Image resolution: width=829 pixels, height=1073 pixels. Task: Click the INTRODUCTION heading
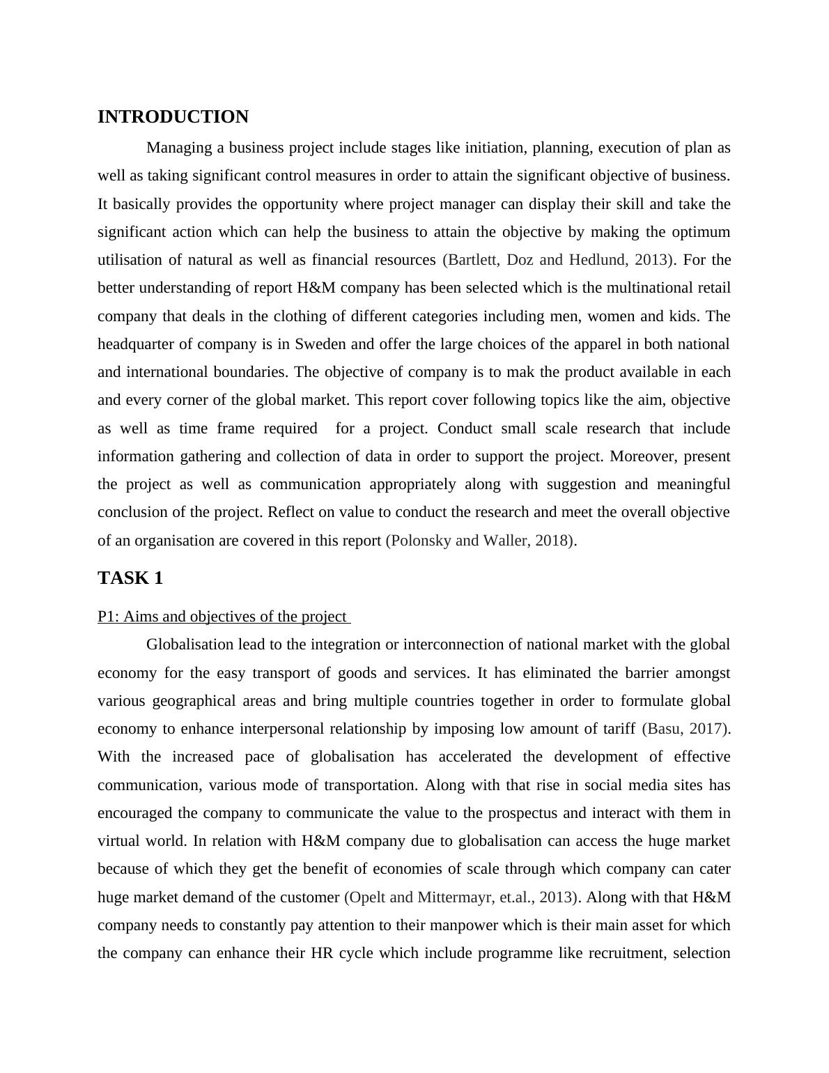tap(173, 117)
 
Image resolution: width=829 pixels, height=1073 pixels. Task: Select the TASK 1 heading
tap(130, 578)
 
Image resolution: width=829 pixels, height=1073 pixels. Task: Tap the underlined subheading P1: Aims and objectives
tap(222, 617)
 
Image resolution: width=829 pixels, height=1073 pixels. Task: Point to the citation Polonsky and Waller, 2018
tap(481, 541)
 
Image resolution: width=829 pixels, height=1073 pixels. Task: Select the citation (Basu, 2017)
tap(686, 729)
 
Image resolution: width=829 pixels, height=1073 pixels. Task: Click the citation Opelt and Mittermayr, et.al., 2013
tap(463, 897)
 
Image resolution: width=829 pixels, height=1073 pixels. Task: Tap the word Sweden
tap(320, 344)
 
